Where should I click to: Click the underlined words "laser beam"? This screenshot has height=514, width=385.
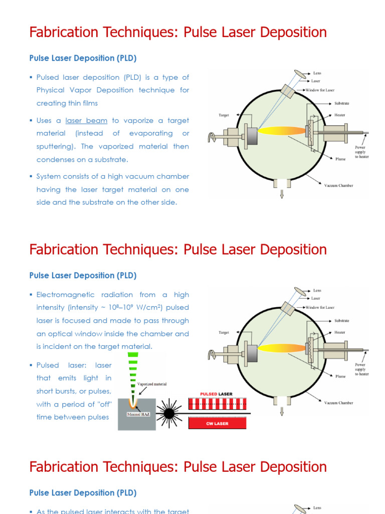coord(86,120)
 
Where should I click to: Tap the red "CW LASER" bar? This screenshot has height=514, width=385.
coord(217,423)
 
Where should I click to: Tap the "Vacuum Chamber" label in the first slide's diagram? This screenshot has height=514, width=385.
coord(338,185)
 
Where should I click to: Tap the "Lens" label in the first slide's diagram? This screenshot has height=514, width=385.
coord(317,73)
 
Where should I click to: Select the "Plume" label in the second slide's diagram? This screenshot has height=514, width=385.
coord(340,376)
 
